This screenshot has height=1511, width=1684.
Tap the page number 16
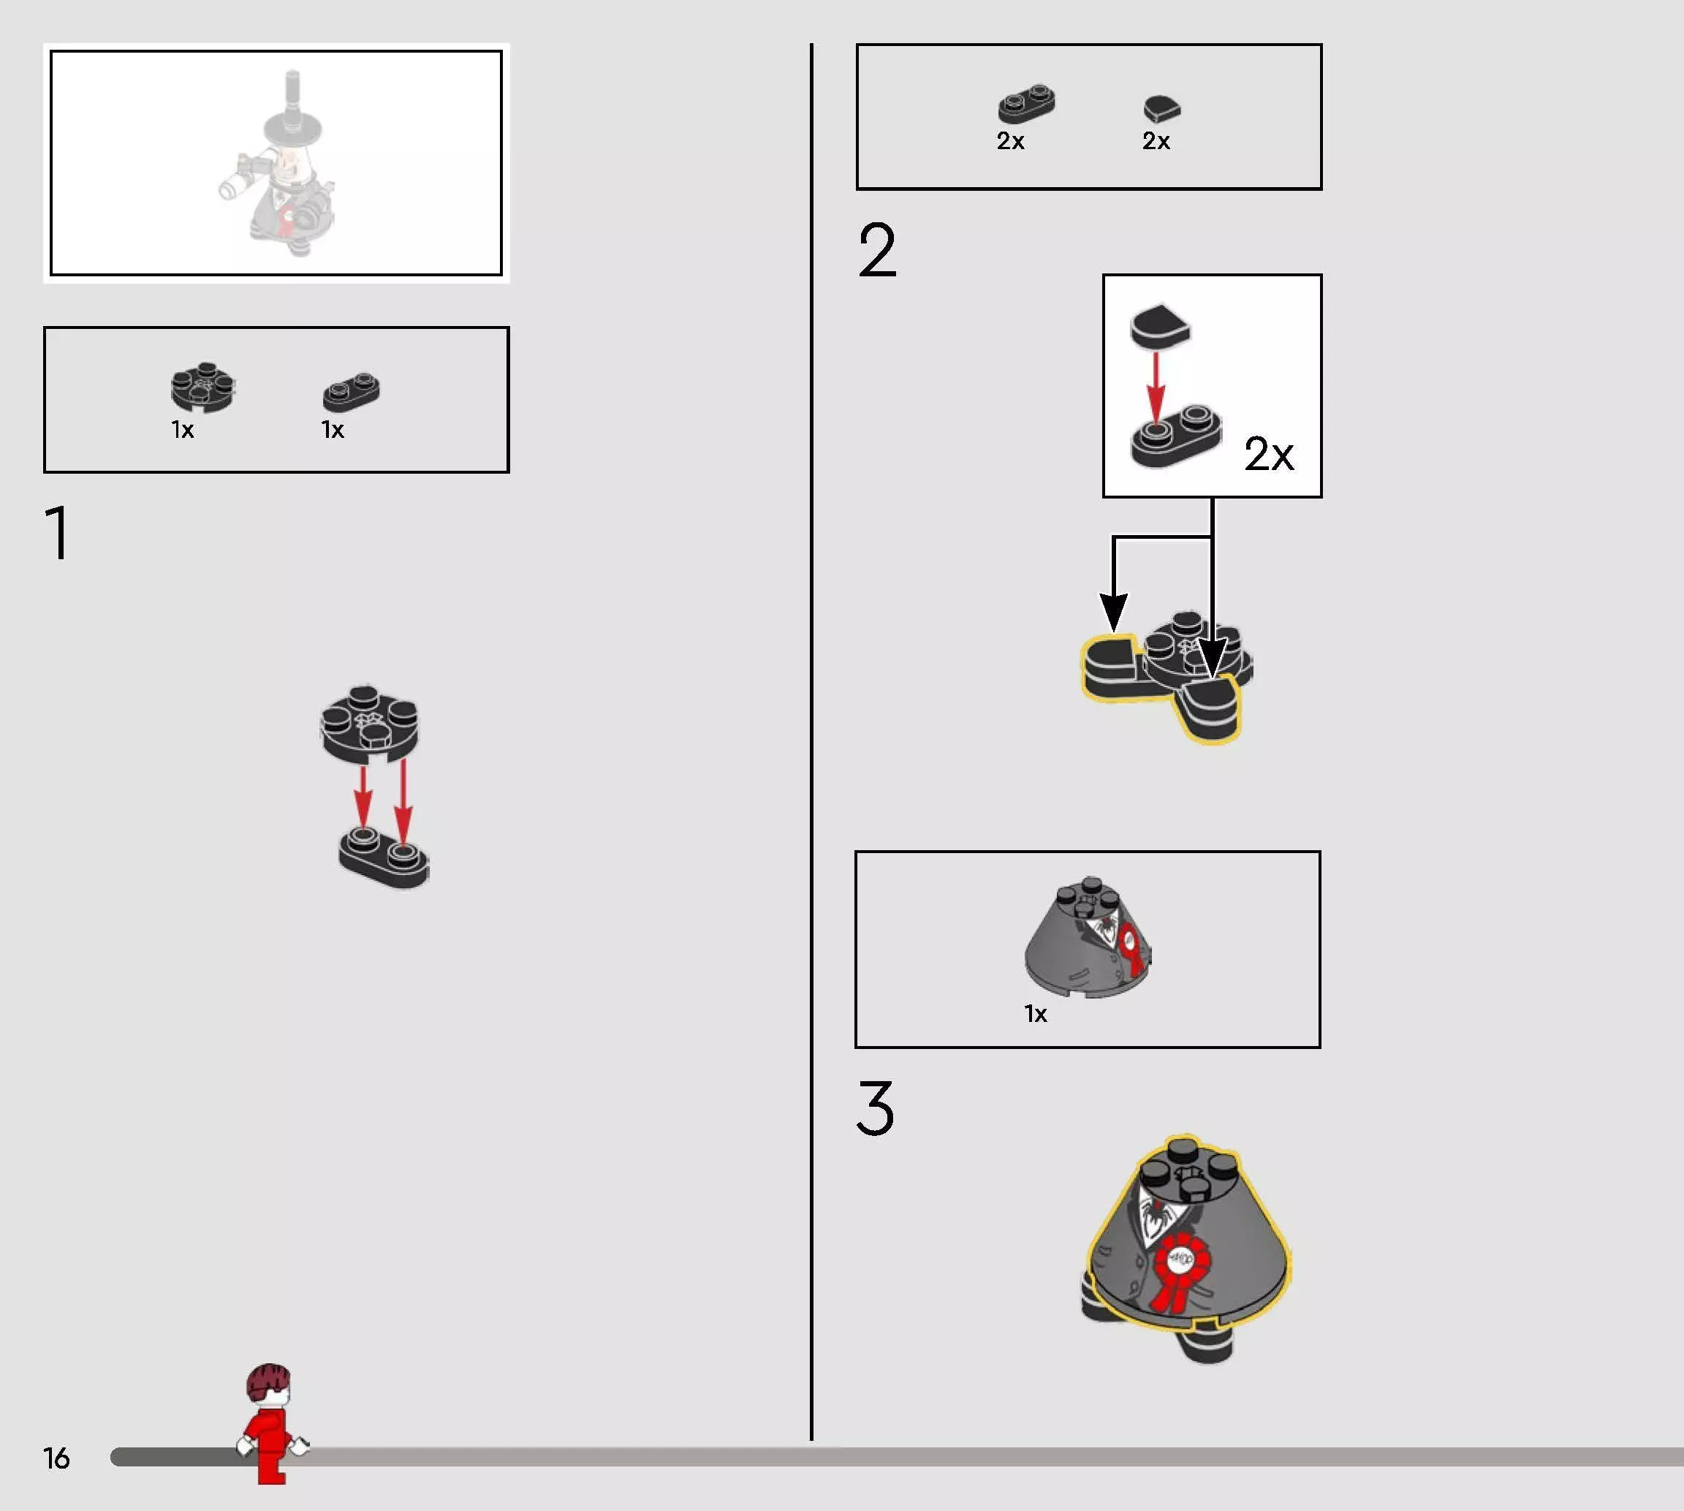(x=56, y=1458)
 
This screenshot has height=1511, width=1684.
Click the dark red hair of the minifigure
(x=269, y=1381)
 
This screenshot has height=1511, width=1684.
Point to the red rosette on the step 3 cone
(x=1180, y=1270)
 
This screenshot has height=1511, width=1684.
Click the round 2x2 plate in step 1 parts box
(x=202, y=387)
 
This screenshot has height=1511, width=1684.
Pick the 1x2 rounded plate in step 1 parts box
(x=351, y=392)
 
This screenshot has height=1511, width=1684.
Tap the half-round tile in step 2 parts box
(x=1162, y=109)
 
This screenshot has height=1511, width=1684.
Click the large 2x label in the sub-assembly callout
(x=1268, y=453)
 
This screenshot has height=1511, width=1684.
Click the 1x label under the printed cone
(x=1035, y=1014)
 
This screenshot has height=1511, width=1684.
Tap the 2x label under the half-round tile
(x=1156, y=141)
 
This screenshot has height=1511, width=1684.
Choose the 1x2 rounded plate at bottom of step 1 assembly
(x=384, y=858)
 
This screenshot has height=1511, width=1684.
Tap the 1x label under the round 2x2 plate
(x=183, y=430)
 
